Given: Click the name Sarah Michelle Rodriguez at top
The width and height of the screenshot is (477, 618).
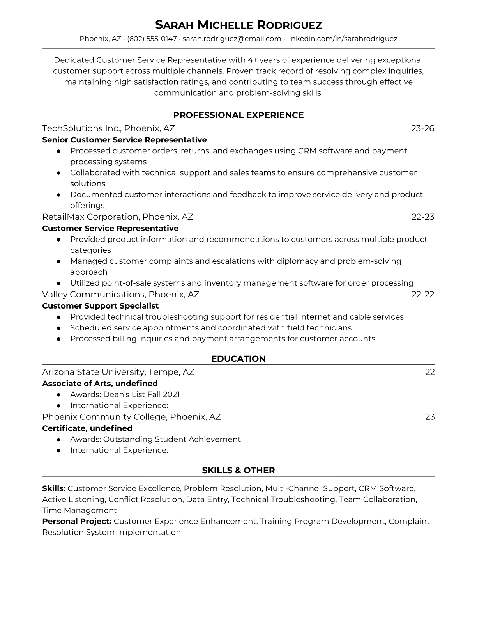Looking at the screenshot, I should tap(238, 25).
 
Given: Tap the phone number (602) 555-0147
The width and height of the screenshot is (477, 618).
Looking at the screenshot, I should tap(152, 39).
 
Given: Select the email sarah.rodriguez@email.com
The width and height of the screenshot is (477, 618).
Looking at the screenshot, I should tap(232, 39).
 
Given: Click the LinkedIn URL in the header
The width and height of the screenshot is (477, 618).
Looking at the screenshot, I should tap(342, 39).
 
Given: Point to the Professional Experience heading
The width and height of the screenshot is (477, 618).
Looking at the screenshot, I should tap(238, 115).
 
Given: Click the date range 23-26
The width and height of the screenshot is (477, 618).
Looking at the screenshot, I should tap(423, 128).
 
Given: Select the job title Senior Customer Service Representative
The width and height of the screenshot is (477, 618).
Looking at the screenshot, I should tap(124, 140).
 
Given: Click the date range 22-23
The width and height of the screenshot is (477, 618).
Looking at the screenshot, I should tap(423, 217).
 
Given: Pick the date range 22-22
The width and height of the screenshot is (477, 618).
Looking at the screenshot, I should tap(423, 294).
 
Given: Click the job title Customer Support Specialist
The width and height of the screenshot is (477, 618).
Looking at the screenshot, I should tap(101, 306).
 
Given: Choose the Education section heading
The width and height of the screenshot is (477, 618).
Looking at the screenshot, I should tap(238, 359).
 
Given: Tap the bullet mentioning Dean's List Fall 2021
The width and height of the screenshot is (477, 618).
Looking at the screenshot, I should tap(125, 394).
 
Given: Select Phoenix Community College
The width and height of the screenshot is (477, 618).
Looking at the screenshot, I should tap(104, 417).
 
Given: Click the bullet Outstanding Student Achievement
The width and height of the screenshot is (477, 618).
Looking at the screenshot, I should tap(155, 439).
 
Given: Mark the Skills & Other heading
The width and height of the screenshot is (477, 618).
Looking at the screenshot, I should tap(238, 471).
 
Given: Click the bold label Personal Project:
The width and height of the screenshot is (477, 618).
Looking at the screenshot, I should tap(77, 521).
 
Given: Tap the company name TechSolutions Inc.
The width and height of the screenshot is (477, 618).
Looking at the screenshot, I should tap(82, 128).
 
